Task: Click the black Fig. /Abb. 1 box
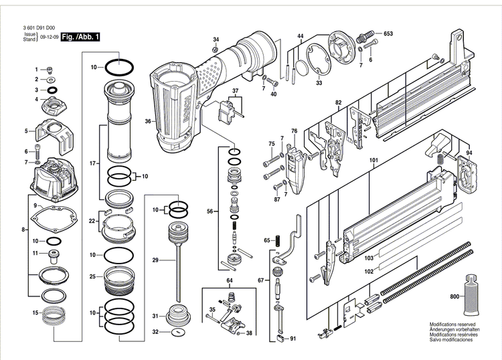coord(80,37)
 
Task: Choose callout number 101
coord(373,161)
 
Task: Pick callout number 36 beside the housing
coord(147,121)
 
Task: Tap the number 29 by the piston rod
coord(155,260)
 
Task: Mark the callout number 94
coord(469,153)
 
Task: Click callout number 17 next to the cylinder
coord(93,163)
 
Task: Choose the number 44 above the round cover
coord(301,35)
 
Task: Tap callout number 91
coord(292,339)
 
